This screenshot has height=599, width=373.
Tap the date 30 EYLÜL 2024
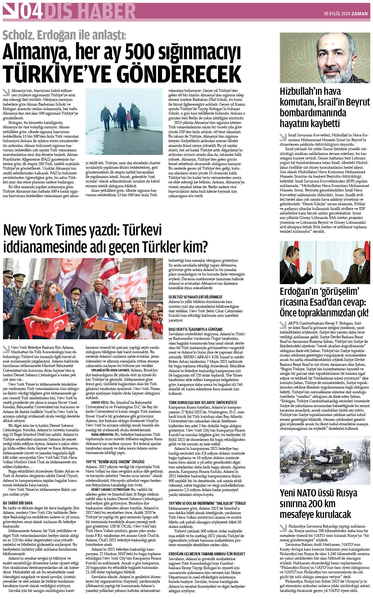tap(337, 13)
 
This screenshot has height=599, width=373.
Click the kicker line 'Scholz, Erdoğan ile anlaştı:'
tap(64, 36)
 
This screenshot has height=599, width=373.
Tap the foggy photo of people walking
tap(124, 121)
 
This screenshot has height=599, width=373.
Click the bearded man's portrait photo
tap(325, 58)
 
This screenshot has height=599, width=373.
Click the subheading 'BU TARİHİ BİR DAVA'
tap(18, 503)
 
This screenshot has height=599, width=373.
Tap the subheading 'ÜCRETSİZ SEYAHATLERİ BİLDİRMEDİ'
tap(195, 297)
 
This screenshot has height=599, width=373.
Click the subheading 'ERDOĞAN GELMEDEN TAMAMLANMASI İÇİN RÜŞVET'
tap(207, 554)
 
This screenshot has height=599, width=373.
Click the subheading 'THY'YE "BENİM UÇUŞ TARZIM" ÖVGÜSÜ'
tap(115, 462)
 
